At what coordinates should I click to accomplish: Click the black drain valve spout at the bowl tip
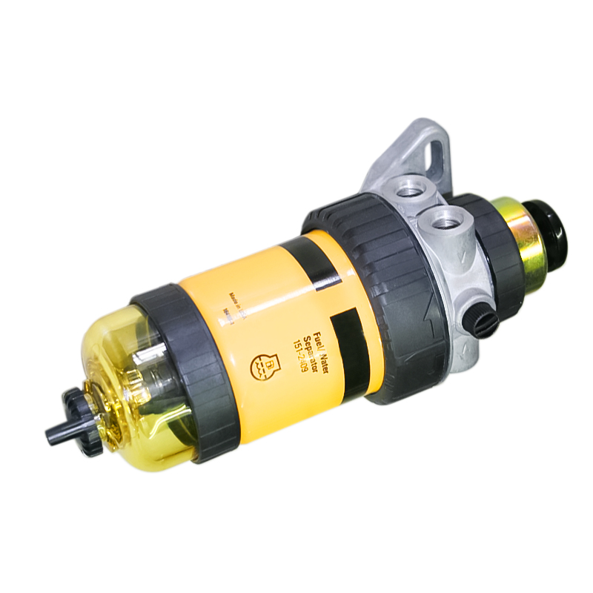pos(58,434)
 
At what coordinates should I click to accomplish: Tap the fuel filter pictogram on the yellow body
pos(259,362)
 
